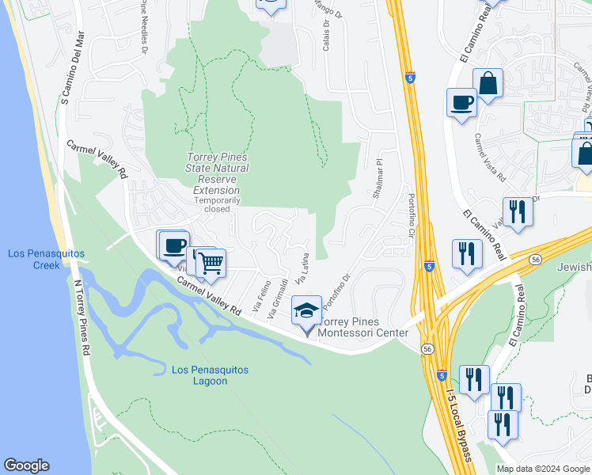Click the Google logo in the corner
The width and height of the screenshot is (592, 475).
(26, 465)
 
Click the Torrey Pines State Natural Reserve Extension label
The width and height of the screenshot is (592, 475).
(216, 173)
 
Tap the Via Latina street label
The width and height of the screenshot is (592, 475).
(301, 269)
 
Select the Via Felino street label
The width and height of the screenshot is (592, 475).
(257, 295)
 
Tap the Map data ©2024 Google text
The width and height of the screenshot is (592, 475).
(543, 469)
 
